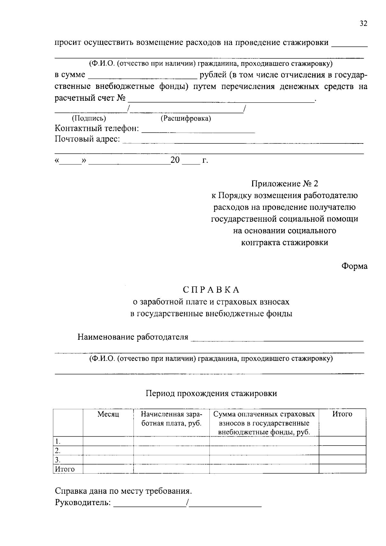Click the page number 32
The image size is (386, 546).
(363, 24)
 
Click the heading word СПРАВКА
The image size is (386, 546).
(211, 290)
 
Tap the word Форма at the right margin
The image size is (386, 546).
(354, 266)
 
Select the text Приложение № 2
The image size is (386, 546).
(284, 184)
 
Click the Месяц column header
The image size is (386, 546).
(108, 414)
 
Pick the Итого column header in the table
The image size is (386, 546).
(342, 414)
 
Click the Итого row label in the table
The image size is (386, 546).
(65, 469)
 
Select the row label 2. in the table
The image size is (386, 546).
(58, 450)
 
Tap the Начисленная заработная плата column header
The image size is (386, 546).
(171, 419)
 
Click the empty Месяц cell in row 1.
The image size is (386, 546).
(108, 441)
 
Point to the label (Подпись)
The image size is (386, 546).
(89, 119)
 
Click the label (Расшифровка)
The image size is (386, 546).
(186, 119)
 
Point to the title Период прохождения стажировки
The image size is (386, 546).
(211, 393)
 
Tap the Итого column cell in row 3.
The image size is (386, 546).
(342, 459)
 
